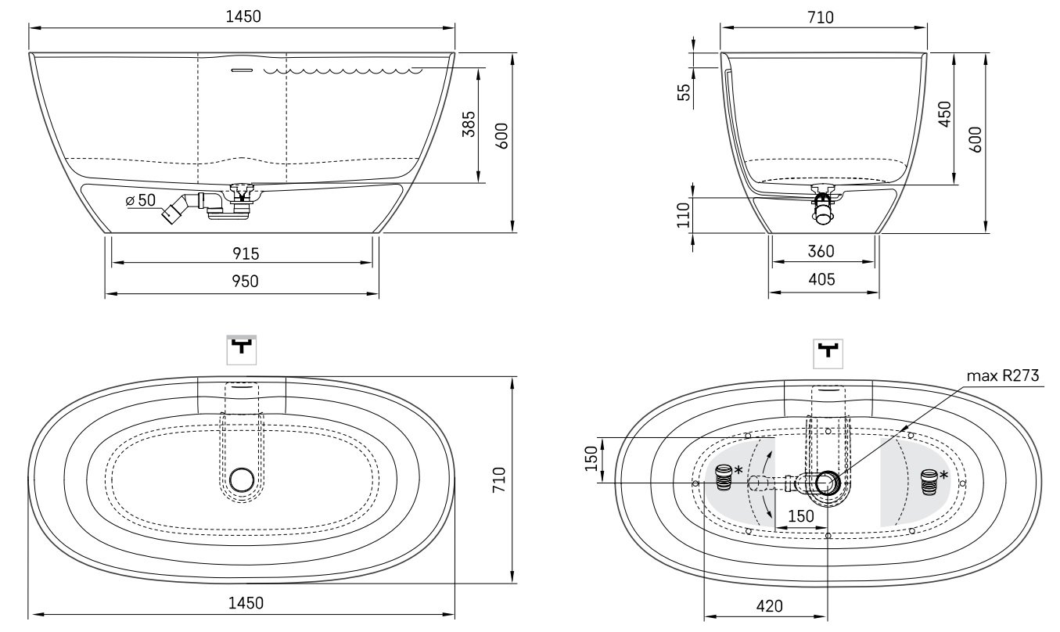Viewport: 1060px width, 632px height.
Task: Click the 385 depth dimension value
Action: coord(468,124)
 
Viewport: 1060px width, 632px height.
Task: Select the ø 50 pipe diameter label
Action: coord(141,201)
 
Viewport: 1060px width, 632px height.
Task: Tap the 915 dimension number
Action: coord(246,253)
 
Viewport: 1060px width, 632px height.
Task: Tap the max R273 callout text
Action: coord(1003,376)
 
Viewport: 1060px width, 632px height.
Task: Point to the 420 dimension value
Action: coord(769,605)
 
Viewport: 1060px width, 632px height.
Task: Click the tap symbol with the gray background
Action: coord(242,349)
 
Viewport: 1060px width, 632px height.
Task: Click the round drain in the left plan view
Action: coord(243,479)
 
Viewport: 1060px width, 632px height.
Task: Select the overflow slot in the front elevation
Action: coord(242,70)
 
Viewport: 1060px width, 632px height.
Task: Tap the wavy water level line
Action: coord(344,71)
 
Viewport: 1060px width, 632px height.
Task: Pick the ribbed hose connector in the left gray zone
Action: coord(723,477)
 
